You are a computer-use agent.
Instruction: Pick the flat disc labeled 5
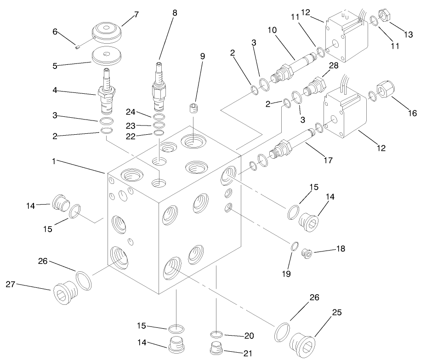[x=107, y=57]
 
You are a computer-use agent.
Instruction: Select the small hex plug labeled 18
[x=307, y=252]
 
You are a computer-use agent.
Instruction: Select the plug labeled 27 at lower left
[x=64, y=290]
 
